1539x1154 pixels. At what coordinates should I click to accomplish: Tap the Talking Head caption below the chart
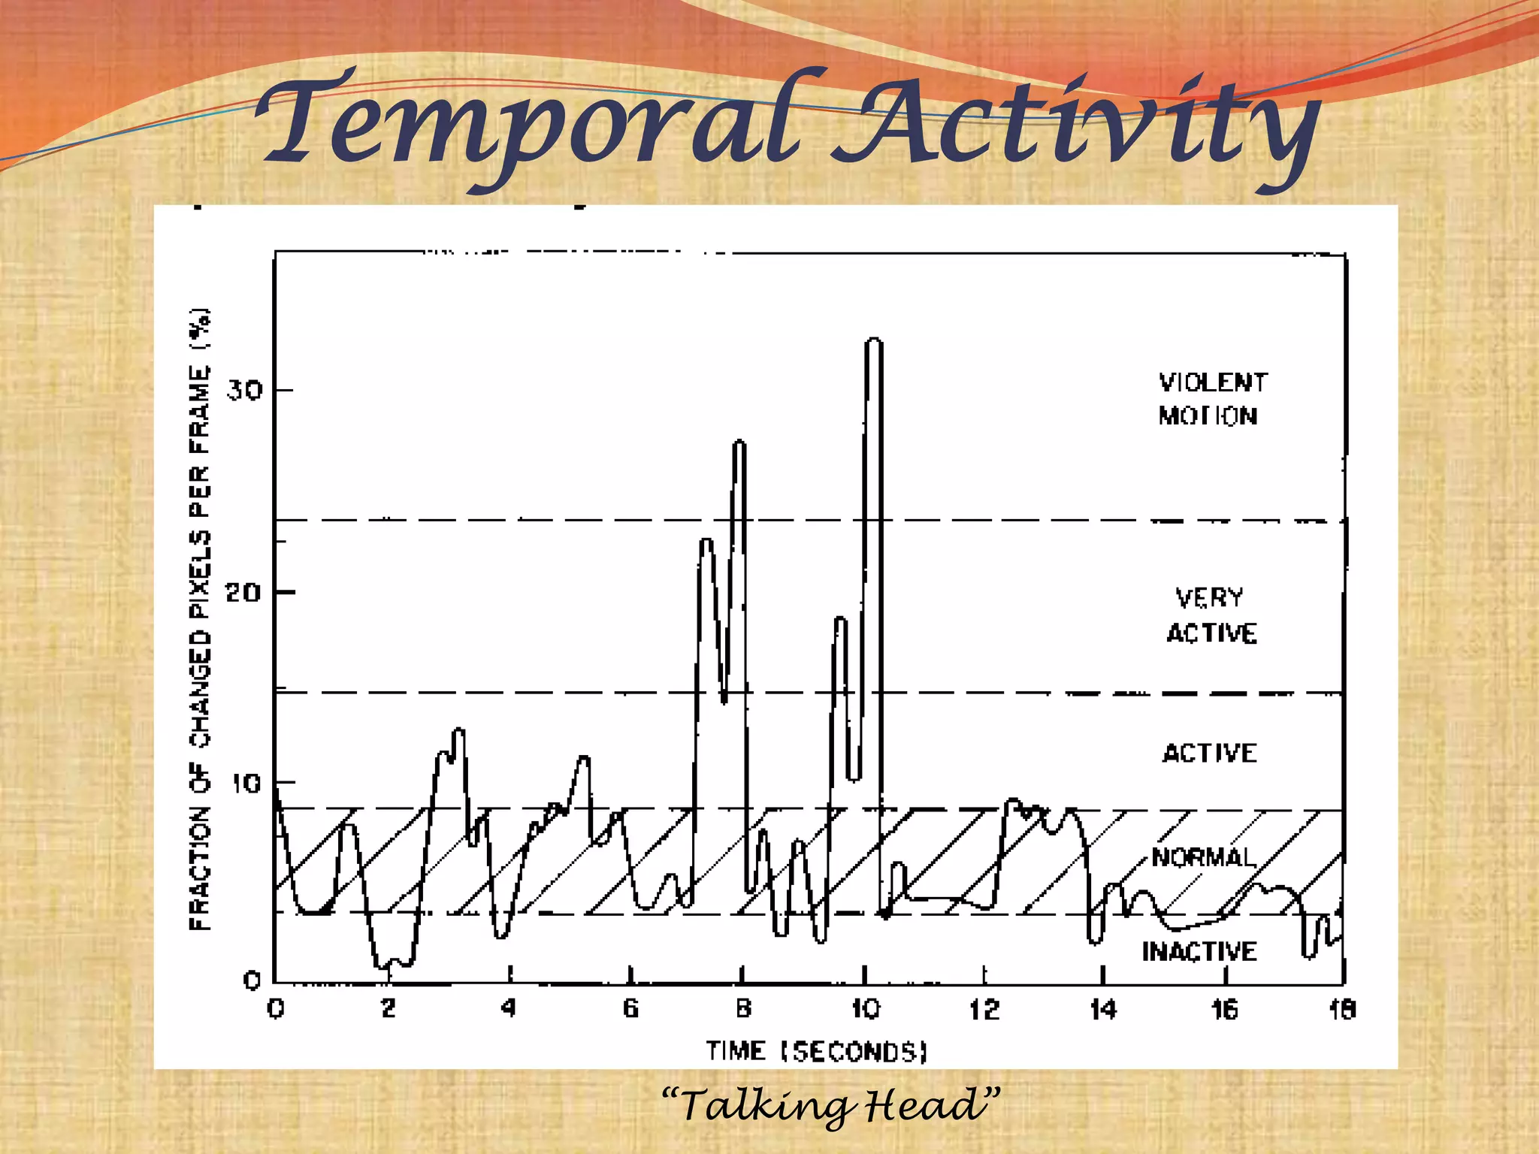point(831,1105)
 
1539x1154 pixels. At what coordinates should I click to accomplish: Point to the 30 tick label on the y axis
point(245,390)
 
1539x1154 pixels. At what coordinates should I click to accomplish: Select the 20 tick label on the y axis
point(243,593)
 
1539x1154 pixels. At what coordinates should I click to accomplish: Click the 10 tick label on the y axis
point(246,784)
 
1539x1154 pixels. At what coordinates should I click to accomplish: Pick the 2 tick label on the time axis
point(389,1008)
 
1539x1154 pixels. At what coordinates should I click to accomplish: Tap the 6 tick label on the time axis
point(630,1008)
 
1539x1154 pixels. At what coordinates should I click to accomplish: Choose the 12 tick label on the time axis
point(984,1009)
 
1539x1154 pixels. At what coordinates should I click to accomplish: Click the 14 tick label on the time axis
point(1103,1009)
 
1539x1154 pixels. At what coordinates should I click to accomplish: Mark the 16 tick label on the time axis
point(1225,1009)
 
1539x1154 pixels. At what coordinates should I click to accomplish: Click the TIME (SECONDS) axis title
point(816,1051)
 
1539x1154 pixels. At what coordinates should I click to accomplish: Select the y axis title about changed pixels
point(200,619)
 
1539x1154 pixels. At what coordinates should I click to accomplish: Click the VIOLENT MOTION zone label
point(1211,399)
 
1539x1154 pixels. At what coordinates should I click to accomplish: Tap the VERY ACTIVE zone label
point(1211,615)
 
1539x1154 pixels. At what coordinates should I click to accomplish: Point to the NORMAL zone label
point(1204,857)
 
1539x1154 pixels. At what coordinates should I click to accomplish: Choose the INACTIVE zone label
point(1199,951)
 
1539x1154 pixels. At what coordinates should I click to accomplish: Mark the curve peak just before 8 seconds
point(739,443)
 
